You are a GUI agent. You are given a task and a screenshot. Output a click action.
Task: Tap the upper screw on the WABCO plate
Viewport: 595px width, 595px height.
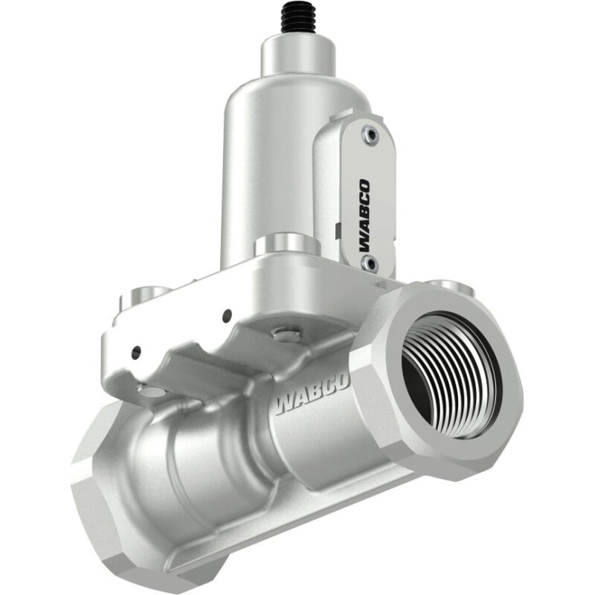pos(370,135)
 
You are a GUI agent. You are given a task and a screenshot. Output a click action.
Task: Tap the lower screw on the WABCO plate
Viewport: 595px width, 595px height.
pos(370,264)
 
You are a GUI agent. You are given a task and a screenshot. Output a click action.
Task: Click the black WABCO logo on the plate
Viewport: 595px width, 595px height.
pos(364,215)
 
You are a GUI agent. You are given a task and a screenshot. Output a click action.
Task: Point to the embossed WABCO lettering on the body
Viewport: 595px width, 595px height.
pos(312,395)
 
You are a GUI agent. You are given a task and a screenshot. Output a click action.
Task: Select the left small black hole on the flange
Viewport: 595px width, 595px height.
pos(136,353)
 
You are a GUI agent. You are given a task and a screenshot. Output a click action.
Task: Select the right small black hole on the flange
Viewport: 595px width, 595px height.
pos(228,314)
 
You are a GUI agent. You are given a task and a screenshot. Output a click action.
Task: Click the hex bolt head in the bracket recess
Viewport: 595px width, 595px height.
pos(287,334)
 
